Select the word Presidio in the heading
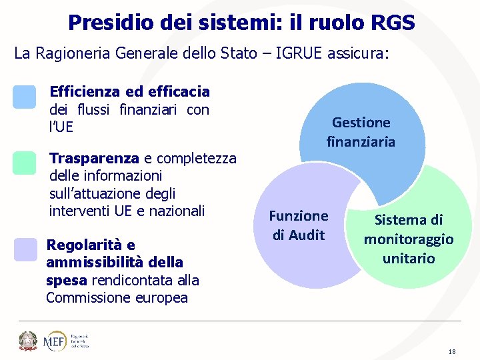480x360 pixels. pos(111,23)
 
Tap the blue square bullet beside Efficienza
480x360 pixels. pos(25,97)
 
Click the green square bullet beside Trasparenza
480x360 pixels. pos(25,163)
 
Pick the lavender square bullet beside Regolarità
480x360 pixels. pos(25,249)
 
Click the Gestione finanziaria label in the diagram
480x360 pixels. pos(361,132)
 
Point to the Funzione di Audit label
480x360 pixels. pos(298,225)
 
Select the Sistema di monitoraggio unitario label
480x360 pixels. pos(408,239)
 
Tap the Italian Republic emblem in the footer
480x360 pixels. pos(28,341)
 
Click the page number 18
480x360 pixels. pos(452,351)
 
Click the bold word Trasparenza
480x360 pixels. pos(94,158)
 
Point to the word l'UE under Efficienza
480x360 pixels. pos(61,127)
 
